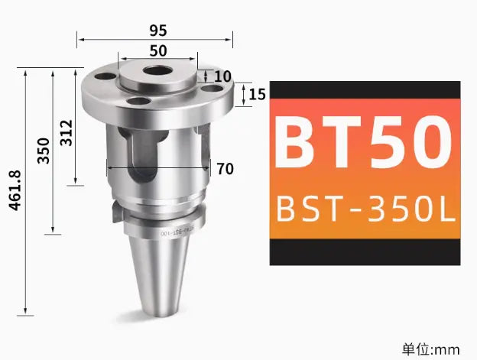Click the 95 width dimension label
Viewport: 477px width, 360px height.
[x=158, y=30]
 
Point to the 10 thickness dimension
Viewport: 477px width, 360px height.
[x=222, y=76]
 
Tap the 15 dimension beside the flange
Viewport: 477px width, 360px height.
[x=257, y=95]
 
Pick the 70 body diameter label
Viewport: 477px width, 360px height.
[x=225, y=169]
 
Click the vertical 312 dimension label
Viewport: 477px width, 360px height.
[x=67, y=131]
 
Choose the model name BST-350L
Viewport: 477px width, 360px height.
[x=365, y=208]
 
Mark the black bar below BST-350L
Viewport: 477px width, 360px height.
[x=365, y=251]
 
